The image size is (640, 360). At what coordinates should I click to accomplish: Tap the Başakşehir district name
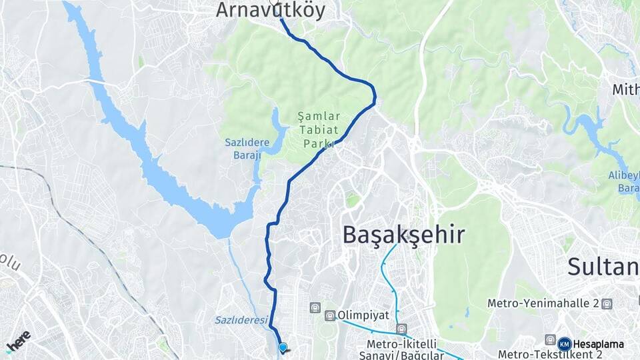(x=403, y=235)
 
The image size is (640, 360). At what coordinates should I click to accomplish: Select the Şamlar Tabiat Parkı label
(x=319, y=129)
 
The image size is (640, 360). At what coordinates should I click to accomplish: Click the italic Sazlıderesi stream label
(x=241, y=320)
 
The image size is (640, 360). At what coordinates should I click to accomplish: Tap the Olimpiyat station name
(x=362, y=315)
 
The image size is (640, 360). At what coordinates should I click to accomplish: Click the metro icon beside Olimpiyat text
(x=330, y=315)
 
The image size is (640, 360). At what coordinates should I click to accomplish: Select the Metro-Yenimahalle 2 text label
(x=543, y=303)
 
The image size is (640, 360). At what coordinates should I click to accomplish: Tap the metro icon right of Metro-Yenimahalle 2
(x=606, y=304)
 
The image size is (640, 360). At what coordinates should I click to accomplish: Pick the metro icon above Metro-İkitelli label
(x=401, y=329)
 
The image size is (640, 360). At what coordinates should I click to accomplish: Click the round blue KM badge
(x=564, y=344)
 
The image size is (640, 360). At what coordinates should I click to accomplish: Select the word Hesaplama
(x=599, y=344)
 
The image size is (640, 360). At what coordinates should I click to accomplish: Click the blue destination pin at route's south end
(x=283, y=347)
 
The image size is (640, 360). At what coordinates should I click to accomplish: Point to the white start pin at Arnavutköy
(x=274, y=3)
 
